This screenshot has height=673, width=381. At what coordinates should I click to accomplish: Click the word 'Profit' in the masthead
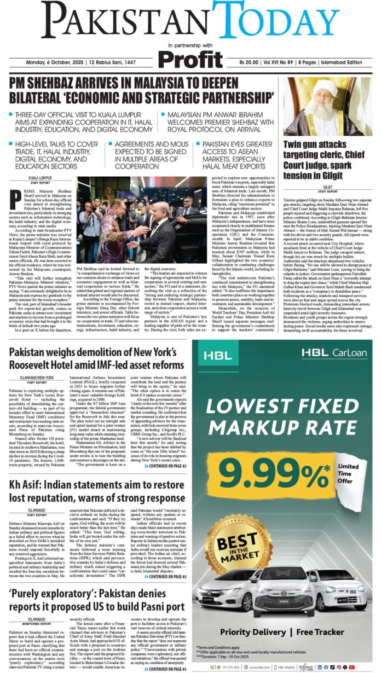click(x=191, y=57)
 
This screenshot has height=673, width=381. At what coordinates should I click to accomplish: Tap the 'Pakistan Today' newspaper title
click(x=190, y=21)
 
